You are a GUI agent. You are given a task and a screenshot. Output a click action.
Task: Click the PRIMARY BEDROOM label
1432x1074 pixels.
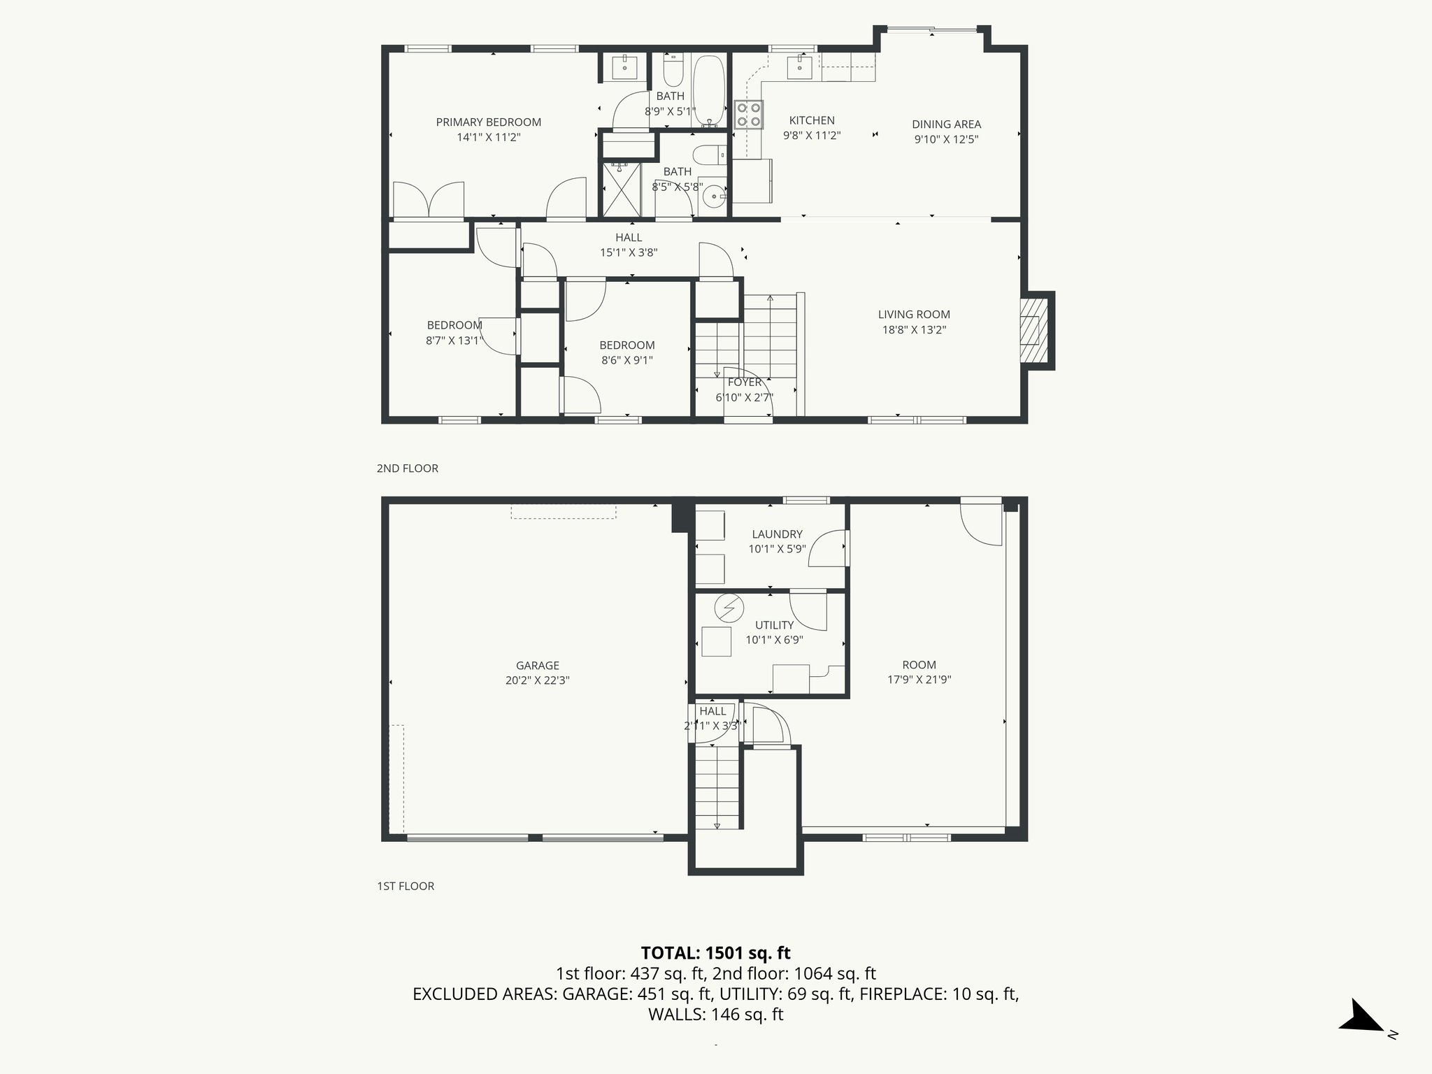click(x=488, y=122)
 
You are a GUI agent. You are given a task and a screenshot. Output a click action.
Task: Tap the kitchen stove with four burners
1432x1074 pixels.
click(x=748, y=115)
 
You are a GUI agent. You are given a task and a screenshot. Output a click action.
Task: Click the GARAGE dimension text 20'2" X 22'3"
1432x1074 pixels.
click(x=537, y=680)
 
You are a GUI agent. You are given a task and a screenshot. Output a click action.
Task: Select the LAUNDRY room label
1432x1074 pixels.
click(x=777, y=534)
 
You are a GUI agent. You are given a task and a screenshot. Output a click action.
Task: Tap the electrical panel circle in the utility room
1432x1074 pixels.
click(x=729, y=608)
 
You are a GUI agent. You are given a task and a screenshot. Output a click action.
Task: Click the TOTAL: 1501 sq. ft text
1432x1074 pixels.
click(x=715, y=953)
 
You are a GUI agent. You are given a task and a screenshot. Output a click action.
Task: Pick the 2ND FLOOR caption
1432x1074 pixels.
click(x=407, y=468)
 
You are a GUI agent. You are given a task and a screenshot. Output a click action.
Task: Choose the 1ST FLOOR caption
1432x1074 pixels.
click(x=406, y=887)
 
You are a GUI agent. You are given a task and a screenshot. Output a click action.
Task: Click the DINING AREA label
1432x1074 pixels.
click(x=946, y=124)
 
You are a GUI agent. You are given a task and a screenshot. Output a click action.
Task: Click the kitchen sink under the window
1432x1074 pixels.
click(x=799, y=68)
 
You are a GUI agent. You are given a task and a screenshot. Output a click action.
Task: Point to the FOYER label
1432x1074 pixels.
click(x=744, y=382)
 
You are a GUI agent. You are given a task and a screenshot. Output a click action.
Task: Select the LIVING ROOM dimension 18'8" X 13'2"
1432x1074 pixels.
click(x=914, y=330)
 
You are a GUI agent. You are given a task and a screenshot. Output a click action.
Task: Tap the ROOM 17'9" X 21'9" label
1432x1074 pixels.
click(x=919, y=665)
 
